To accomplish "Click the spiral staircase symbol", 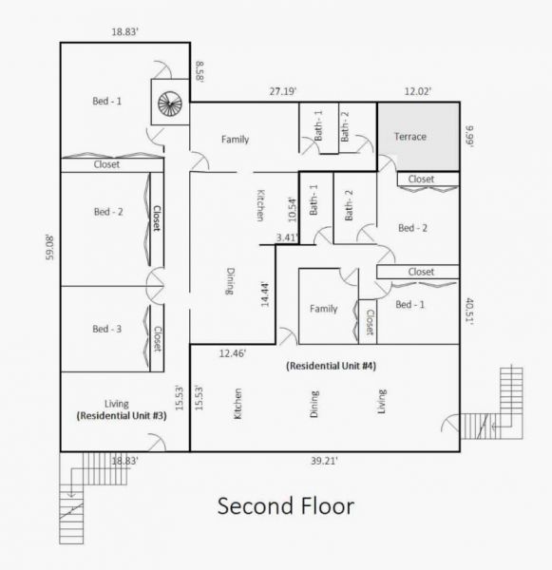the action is click(x=170, y=104).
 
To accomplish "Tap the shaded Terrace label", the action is click(x=410, y=137).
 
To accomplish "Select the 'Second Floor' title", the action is click(x=286, y=505).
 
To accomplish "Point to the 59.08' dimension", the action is click(x=49, y=248).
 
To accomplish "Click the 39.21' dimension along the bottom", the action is click(x=324, y=461).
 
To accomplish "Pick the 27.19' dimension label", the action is click(x=283, y=91).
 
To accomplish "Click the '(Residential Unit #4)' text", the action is click(x=331, y=366).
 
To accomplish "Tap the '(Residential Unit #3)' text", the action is click(x=122, y=415).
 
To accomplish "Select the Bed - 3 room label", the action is click(x=107, y=329).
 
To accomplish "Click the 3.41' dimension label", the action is click(x=288, y=237).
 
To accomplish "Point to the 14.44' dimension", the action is click(x=265, y=294).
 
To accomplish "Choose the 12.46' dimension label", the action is click(x=233, y=353).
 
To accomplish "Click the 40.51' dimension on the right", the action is click(x=469, y=311).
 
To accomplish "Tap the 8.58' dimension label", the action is click(x=200, y=71).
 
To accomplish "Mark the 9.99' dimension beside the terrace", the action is click(x=469, y=136).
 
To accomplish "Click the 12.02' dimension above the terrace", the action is click(x=418, y=91).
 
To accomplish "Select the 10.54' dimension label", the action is click(x=293, y=210).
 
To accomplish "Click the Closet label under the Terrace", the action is click(x=421, y=180).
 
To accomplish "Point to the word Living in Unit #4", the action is click(x=381, y=401).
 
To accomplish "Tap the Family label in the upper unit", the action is click(x=236, y=140).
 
